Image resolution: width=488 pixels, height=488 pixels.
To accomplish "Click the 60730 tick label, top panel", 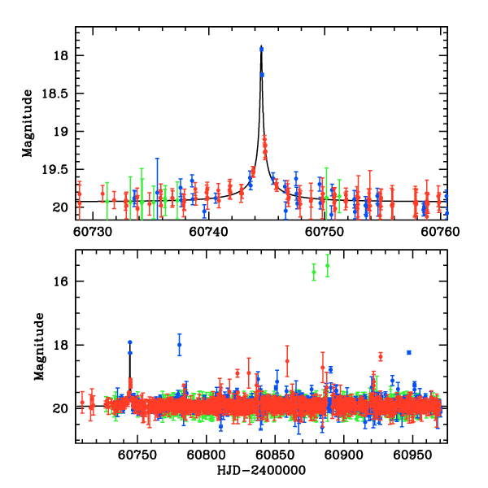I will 92,231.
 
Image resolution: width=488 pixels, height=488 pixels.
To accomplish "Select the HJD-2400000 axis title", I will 261,471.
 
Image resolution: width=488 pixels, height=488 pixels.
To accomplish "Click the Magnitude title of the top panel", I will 28,123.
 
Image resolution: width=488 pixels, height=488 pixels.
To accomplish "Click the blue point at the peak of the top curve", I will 261,49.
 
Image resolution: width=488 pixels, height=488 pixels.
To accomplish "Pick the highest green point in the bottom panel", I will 328,265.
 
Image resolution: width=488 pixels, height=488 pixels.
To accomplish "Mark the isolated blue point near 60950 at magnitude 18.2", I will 409,352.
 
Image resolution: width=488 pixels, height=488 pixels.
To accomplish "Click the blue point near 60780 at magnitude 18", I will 180,344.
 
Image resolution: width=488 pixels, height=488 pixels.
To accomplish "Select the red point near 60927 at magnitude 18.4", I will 381,356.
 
